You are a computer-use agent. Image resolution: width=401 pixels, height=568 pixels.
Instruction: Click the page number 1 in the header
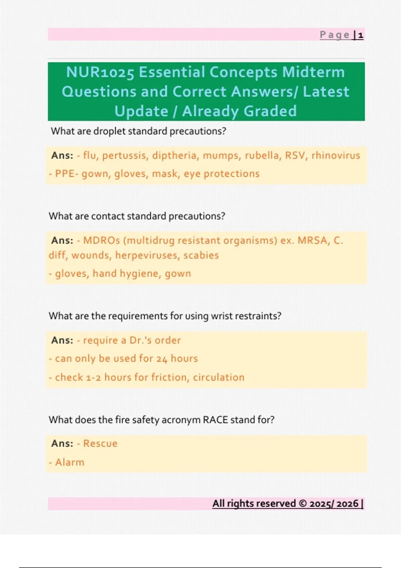tap(361, 35)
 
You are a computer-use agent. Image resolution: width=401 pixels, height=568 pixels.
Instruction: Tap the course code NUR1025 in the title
tap(100, 73)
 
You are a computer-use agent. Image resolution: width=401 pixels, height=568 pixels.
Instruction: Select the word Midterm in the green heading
tap(313, 73)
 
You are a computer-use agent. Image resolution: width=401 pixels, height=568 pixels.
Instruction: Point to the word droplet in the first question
tap(109, 131)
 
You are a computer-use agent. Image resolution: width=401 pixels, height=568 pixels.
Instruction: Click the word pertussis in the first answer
tap(124, 156)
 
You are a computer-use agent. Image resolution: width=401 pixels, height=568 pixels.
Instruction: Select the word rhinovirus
tap(336, 156)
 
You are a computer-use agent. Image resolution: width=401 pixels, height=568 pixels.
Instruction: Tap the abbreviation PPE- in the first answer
tap(66, 174)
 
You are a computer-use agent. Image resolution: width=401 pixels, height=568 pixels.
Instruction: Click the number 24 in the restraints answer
tap(162, 359)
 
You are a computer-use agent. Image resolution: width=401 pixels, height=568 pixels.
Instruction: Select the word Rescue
tap(100, 444)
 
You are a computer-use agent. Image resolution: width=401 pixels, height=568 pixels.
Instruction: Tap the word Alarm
tap(70, 462)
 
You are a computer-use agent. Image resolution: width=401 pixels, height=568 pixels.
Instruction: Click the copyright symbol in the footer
tap(302, 504)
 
